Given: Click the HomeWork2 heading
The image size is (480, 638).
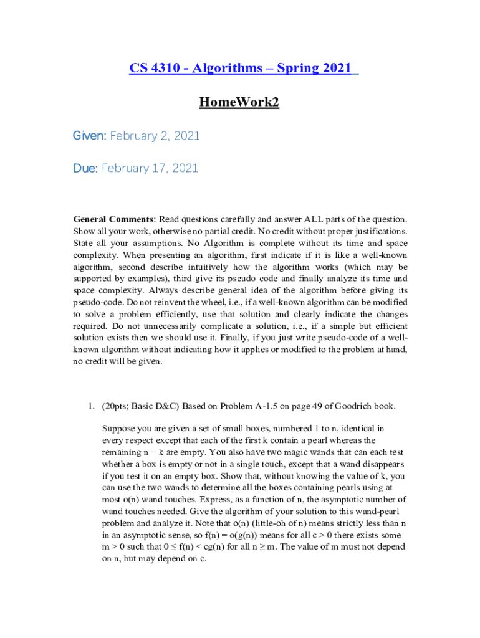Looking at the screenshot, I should [239, 102].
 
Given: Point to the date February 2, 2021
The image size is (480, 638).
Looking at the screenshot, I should [155, 136].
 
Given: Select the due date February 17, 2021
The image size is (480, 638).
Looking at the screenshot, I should [150, 168].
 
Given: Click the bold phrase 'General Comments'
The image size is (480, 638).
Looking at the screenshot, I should [113, 219].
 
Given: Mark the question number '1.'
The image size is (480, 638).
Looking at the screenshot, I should [90, 407].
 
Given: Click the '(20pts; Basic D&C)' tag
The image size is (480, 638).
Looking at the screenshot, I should [140, 407].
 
